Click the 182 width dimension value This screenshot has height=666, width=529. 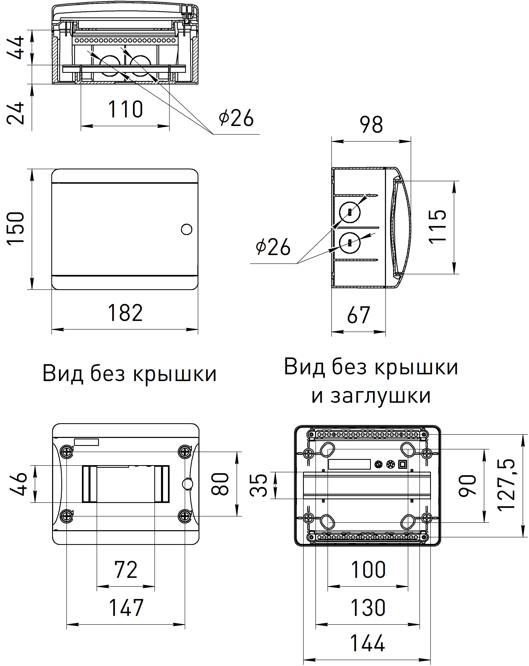[125, 313]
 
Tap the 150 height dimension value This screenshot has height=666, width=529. [16, 229]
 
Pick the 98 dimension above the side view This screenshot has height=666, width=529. [371, 125]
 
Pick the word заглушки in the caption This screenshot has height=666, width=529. [380, 396]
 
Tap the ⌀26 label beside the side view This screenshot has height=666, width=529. [273, 247]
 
